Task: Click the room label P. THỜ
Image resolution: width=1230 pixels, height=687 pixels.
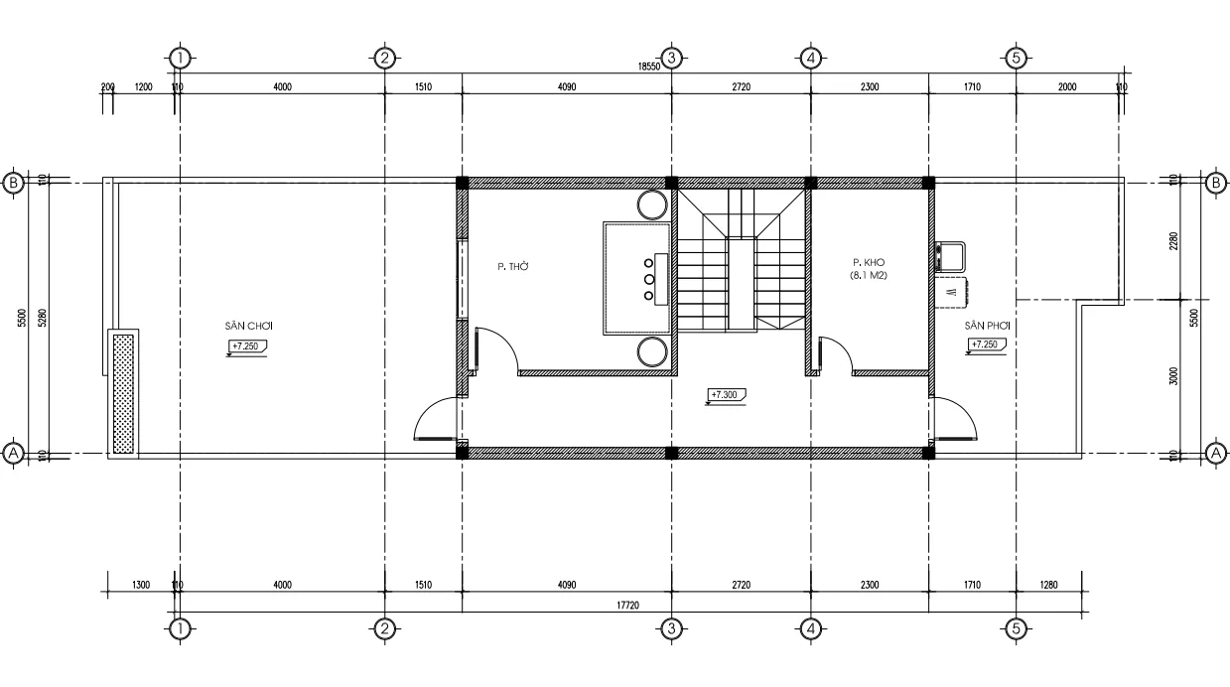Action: coord(511,266)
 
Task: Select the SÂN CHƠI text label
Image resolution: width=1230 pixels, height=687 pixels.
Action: coord(249,326)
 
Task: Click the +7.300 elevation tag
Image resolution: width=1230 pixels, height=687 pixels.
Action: coord(726,395)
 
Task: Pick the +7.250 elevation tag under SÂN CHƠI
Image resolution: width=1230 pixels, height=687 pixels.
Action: coord(248,346)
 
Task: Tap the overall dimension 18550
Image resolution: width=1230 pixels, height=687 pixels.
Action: coord(648,67)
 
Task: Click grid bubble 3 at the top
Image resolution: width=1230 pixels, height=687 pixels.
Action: coord(671,58)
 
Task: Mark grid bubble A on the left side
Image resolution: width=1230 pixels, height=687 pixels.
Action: coord(14,454)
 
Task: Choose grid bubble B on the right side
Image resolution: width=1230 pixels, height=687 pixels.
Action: coord(1215,183)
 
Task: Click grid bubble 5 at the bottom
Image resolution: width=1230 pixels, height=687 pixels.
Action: coord(1015,627)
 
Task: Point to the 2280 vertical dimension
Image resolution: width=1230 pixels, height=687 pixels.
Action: coord(1173,241)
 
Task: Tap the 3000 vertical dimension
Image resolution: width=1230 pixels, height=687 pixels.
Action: coord(1173,376)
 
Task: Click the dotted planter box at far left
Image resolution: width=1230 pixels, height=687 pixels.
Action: coord(123,394)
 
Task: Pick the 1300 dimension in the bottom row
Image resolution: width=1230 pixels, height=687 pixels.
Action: coord(140,586)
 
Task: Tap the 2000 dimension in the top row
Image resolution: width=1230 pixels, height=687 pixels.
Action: coord(1067,87)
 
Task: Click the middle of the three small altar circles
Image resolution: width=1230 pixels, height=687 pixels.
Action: coord(649,279)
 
